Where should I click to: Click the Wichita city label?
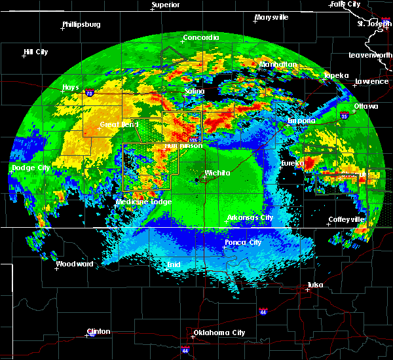click(x=217, y=173)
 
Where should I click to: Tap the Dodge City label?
click(x=31, y=168)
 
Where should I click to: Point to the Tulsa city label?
click(x=316, y=285)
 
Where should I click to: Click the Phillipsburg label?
click(x=81, y=25)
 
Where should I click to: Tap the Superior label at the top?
click(x=166, y=5)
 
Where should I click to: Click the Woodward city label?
click(x=75, y=264)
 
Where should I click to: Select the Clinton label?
click(x=100, y=331)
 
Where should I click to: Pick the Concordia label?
click(x=200, y=38)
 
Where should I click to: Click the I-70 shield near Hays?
click(x=88, y=94)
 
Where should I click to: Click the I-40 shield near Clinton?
click(x=88, y=335)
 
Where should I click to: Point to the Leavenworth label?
click(x=371, y=56)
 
